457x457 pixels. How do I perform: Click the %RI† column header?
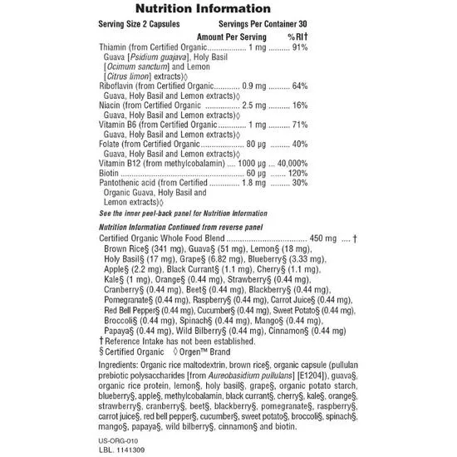pyautogui.click(x=297, y=37)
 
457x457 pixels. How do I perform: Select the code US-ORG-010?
pyautogui.click(x=116, y=430)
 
